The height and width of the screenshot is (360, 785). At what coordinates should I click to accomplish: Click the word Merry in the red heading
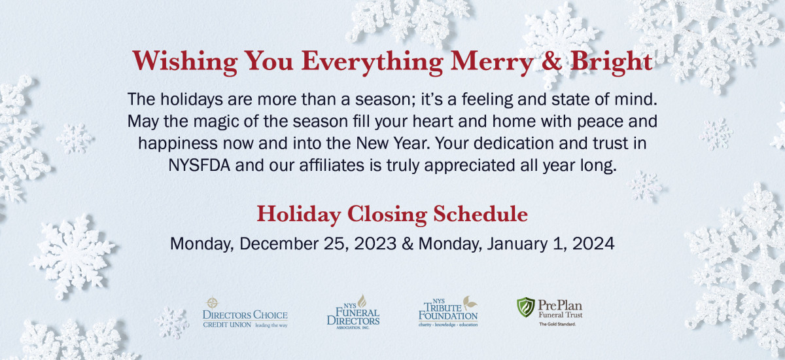tap(492, 62)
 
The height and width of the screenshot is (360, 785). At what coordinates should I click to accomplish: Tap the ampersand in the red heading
tap(551, 61)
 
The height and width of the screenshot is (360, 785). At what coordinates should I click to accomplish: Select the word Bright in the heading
tap(611, 62)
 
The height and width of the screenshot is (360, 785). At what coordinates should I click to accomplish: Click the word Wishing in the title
tap(184, 62)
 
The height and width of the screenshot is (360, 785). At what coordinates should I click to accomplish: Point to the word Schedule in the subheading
tap(480, 214)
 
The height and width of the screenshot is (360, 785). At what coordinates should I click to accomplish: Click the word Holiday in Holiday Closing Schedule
tap(299, 215)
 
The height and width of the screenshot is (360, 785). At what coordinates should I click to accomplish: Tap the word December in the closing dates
tap(279, 243)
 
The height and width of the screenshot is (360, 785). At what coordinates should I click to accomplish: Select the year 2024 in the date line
tap(593, 243)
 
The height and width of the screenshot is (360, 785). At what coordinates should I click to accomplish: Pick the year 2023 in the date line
tap(375, 243)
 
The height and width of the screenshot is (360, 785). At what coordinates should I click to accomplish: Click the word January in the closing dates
tap(517, 244)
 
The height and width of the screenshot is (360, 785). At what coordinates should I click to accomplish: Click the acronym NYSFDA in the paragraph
tap(199, 166)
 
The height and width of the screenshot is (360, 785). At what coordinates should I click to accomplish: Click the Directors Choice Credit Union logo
tap(245, 313)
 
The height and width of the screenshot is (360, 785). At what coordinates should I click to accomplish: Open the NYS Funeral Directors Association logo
tap(353, 312)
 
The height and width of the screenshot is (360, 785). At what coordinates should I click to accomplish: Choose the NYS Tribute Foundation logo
tap(448, 312)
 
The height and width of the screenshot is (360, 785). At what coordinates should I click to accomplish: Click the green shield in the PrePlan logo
tap(526, 307)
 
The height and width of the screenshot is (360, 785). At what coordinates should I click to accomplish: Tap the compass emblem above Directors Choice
tap(213, 302)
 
